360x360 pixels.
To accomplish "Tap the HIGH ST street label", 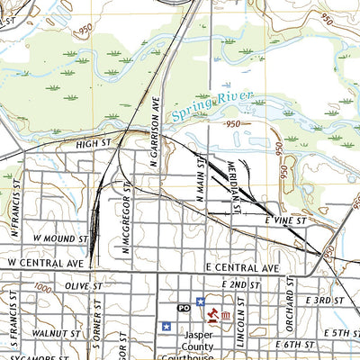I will click(92, 143).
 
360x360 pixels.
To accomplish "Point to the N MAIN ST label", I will click(204, 178).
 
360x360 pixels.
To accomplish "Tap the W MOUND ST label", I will click(59, 240).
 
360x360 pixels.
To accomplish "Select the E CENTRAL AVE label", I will click(244, 268).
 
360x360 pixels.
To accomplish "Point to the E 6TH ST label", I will click(293, 345).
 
